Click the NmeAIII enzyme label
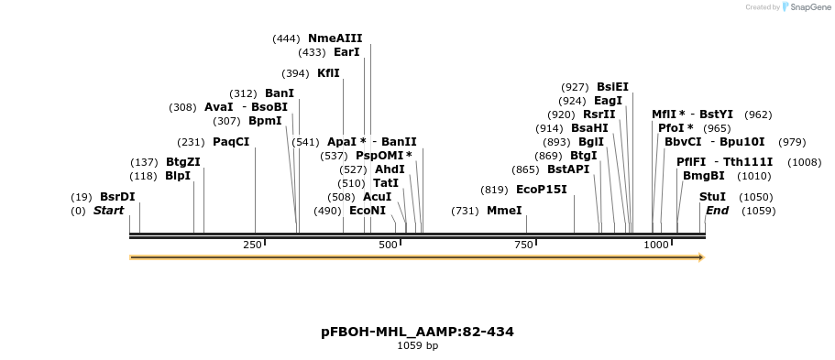tap(335, 38)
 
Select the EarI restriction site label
tap(346, 52)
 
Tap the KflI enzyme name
tap(328, 73)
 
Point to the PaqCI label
tap(231, 142)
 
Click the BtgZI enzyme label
tap(182, 162)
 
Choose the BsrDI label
tap(117, 197)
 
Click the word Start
tap(108, 211)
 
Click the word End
tap(717, 211)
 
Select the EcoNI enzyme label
tap(368, 211)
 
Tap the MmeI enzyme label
tap(504, 211)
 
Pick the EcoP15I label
tap(542, 190)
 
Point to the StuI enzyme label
tap(712, 197)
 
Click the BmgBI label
tap(703, 176)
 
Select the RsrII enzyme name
tap(599, 115)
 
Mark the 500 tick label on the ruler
tap(388, 245)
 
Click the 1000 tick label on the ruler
tap(656, 245)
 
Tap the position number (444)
tap(286, 38)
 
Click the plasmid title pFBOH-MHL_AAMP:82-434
tap(417, 332)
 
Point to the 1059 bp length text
tap(417, 345)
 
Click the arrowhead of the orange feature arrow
tap(701, 257)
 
